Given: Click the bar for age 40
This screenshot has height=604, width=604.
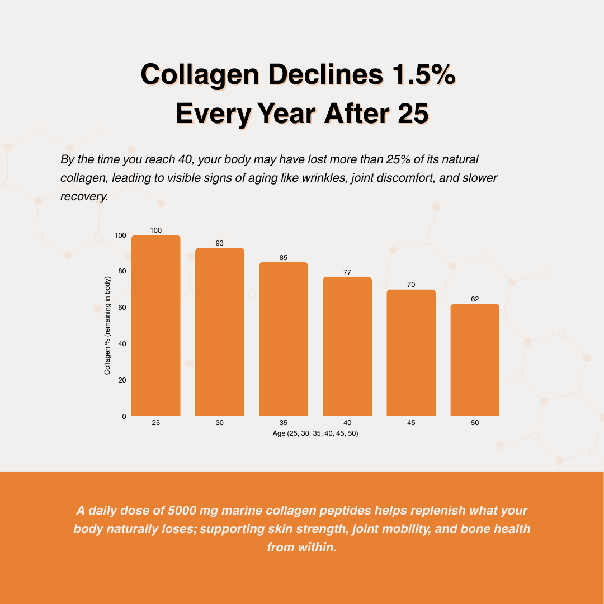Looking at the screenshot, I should point(347,346).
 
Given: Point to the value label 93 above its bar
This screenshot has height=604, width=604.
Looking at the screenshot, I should point(219,243).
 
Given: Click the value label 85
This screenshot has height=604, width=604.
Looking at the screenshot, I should point(283,258).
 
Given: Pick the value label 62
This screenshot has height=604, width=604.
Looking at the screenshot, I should point(475,299).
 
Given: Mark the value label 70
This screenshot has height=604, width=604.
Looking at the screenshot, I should point(411,285).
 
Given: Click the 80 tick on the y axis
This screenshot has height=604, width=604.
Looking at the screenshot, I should point(121,271).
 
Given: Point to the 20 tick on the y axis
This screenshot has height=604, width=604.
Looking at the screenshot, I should point(121,380).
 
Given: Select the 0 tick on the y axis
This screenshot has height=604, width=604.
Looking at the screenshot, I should point(123,417).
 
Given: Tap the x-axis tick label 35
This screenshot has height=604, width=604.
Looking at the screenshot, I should point(283,423).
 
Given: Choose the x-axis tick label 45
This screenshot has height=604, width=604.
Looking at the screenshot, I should point(411,423).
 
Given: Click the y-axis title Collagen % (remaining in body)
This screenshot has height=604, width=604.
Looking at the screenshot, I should point(107,325).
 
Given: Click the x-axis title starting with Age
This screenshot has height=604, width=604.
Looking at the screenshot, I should point(315,434).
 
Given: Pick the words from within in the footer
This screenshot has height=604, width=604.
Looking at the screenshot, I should point(302,547).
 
